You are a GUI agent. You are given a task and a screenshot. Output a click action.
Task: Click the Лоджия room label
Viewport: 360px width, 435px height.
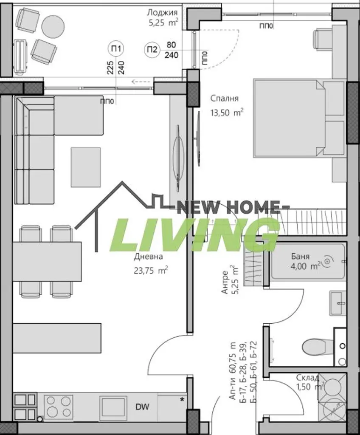(x=162, y=12)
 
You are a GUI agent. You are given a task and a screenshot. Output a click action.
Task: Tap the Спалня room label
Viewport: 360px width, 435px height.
(x=225, y=99)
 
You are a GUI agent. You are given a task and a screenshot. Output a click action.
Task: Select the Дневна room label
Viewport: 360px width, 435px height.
(x=149, y=257)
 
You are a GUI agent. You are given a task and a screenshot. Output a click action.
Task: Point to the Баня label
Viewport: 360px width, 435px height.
(x=301, y=256)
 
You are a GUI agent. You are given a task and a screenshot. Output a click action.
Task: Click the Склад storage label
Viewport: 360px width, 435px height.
(x=308, y=377)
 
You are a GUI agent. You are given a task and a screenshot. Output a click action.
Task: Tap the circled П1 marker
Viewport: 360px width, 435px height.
(x=116, y=49)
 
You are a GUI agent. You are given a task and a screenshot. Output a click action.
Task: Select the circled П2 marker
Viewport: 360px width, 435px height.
(x=152, y=50)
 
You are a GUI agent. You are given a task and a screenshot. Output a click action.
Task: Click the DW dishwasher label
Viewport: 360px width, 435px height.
(x=142, y=407)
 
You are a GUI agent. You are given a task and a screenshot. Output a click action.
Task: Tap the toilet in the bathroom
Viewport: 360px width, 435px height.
(x=315, y=347)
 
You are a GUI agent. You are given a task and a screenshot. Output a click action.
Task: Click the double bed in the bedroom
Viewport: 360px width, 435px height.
(x=300, y=119)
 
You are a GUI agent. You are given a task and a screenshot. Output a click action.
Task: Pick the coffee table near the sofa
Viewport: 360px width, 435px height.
(x=86, y=167)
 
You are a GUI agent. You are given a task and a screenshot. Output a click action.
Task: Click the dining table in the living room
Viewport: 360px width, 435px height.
(x=47, y=261)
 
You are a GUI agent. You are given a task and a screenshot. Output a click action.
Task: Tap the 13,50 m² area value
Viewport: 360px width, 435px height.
(x=227, y=113)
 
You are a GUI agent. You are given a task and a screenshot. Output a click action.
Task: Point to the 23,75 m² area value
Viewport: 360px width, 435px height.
(x=151, y=270)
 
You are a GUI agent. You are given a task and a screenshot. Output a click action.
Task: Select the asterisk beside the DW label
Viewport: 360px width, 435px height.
(x=182, y=400)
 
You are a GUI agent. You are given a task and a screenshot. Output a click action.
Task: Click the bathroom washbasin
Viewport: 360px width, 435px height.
(x=338, y=303)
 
